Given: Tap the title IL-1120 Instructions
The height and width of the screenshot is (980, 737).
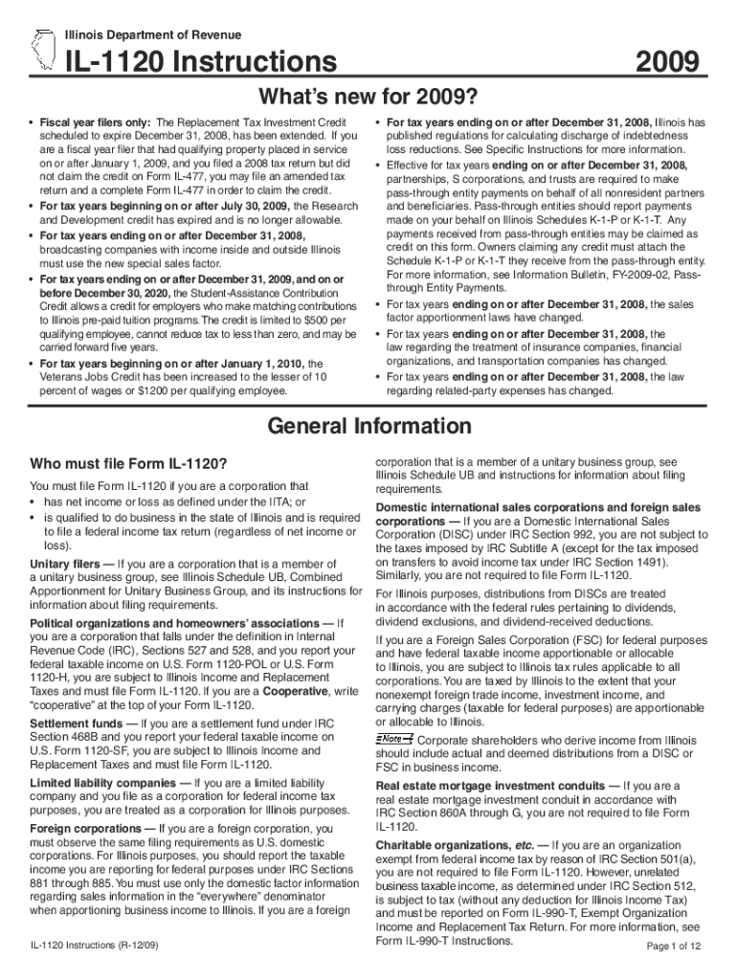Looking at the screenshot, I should [x=201, y=63].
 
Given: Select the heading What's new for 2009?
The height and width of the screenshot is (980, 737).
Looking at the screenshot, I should [x=368, y=99].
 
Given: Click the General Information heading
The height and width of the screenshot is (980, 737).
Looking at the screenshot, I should [x=368, y=426].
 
